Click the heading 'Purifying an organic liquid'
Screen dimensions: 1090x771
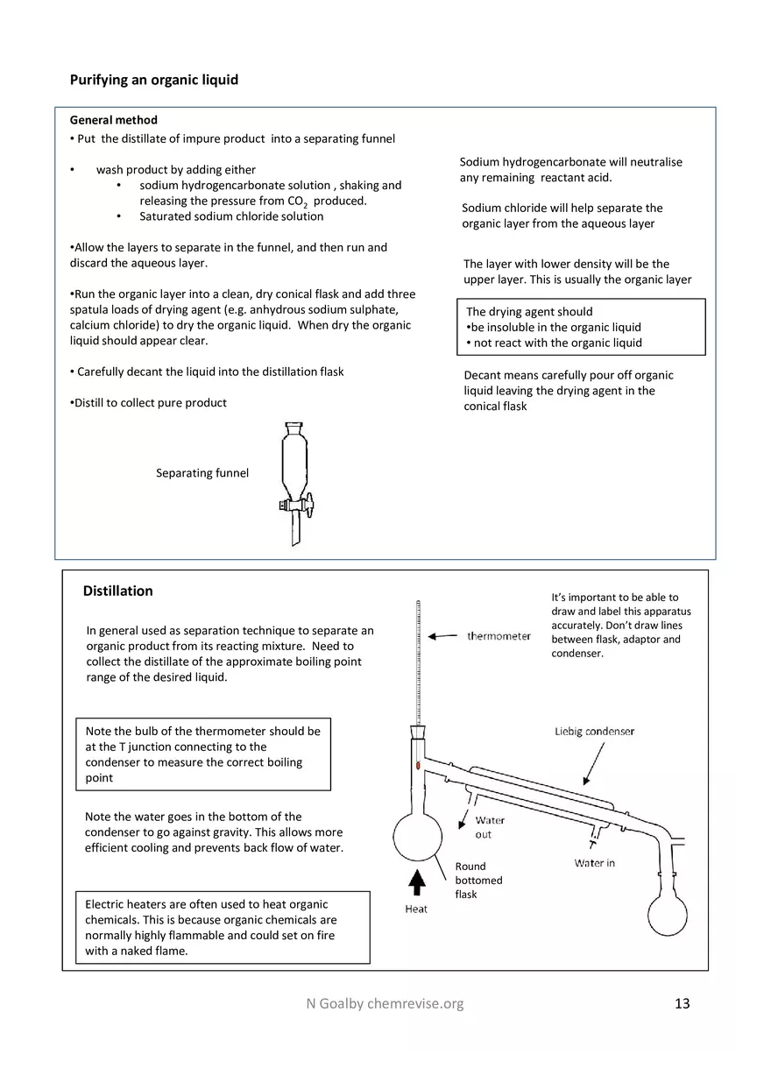(x=153, y=80)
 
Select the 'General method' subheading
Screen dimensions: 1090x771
(x=113, y=120)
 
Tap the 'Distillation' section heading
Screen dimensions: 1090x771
(x=117, y=591)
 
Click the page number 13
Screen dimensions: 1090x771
(x=683, y=1003)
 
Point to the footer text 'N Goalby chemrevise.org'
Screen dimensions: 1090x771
(x=378, y=1003)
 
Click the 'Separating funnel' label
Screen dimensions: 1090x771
(x=202, y=473)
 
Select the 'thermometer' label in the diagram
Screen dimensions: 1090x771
(x=499, y=636)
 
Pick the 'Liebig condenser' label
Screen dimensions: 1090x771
(x=594, y=731)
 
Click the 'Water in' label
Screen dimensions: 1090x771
(x=594, y=863)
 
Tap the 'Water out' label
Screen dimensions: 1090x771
(x=490, y=827)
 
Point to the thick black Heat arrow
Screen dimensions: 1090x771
(x=418, y=883)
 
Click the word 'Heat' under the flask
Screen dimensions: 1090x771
(x=416, y=910)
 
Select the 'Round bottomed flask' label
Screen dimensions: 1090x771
(x=478, y=880)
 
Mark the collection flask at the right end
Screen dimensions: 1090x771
(x=673, y=914)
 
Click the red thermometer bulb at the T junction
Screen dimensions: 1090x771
(x=419, y=766)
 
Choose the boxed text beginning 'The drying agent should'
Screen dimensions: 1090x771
(x=580, y=327)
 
